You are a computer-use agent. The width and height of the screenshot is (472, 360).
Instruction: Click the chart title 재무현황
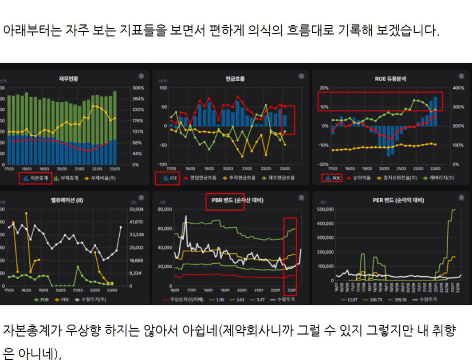coord(68,78)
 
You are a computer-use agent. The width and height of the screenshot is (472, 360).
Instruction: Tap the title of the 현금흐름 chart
coord(235,78)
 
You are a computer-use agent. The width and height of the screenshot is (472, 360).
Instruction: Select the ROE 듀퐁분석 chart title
coord(390,78)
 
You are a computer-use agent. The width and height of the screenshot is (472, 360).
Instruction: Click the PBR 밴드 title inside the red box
coord(225,200)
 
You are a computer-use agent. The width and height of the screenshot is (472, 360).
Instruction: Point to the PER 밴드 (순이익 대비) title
coord(392,200)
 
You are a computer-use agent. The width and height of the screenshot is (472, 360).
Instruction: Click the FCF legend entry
coord(168,178)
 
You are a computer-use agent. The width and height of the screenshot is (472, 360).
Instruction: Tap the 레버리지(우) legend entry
coord(441,178)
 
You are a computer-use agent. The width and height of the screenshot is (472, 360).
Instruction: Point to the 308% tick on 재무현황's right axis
coord(138,88)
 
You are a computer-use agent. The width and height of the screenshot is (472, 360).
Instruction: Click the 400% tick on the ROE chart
coord(458,88)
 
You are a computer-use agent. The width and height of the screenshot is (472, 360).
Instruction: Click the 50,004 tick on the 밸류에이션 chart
coord(136,209)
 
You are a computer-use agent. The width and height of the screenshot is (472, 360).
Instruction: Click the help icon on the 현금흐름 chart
coord(301,76)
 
